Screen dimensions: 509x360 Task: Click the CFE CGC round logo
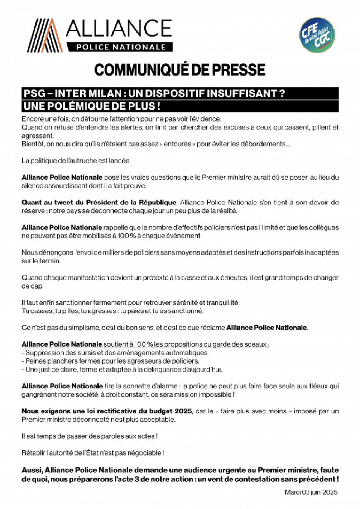pyautogui.click(x=317, y=35)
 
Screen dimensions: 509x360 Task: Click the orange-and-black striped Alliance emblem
pyautogui.click(x=45, y=35)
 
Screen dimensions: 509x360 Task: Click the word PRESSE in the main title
pyautogui.click(x=239, y=70)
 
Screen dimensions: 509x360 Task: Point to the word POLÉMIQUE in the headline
pyautogui.click(x=82, y=106)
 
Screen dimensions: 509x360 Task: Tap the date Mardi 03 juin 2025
pyautogui.click(x=311, y=492)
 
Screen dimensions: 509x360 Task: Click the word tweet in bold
pyautogui.click(x=62, y=203)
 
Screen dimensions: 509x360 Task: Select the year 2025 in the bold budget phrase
pyautogui.click(x=183, y=411)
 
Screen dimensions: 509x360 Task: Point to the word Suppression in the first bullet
pyautogui.click(x=41, y=353)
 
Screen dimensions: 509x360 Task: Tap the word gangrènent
pyautogui.click(x=39, y=394)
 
